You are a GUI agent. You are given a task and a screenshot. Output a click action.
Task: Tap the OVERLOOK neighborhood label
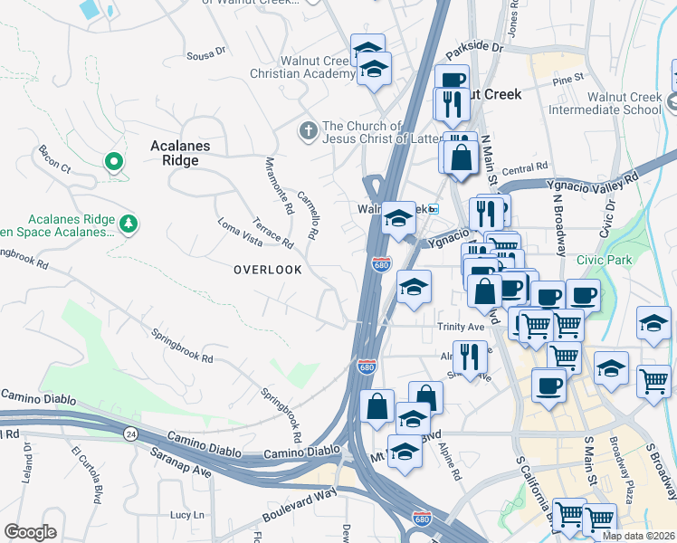click(x=267, y=270)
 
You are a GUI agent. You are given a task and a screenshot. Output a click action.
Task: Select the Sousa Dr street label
click(x=205, y=56)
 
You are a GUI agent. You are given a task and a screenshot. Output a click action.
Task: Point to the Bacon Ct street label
click(x=53, y=158)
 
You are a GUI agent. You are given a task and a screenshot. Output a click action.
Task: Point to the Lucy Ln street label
click(x=186, y=514)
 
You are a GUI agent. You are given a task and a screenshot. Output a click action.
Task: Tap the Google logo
click(x=30, y=532)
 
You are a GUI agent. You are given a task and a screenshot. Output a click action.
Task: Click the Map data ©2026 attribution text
click(x=638, y=536)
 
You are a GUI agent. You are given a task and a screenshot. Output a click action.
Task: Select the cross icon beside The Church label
click(x=309, y=132)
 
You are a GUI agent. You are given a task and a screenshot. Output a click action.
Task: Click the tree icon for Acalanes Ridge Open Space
click(x=129, y=223)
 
